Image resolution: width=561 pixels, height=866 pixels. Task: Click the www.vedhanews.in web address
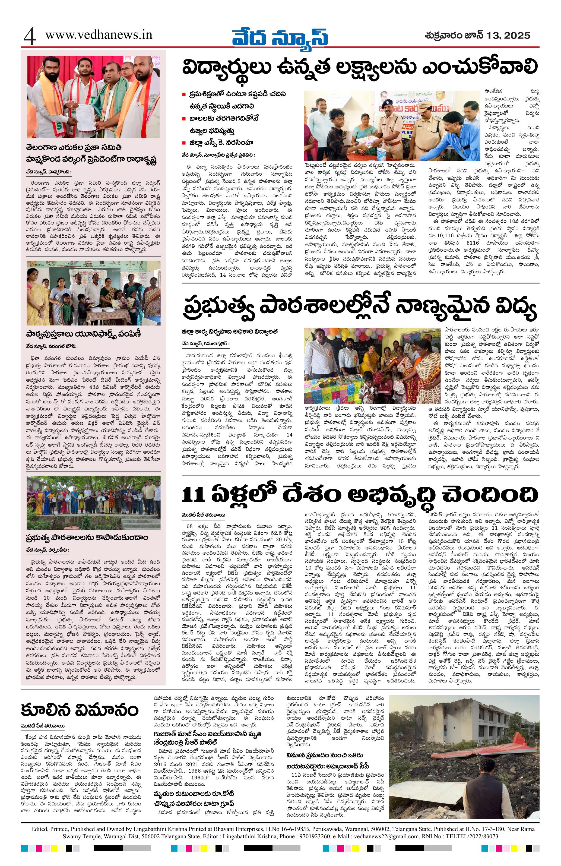pyautogui.click(x=99, y=35)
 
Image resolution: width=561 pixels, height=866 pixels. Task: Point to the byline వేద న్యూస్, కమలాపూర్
pyautogui.click(x=206, y=343)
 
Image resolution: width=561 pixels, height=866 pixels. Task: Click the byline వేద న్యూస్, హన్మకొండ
pyautogui.click(x=49, y=171)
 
